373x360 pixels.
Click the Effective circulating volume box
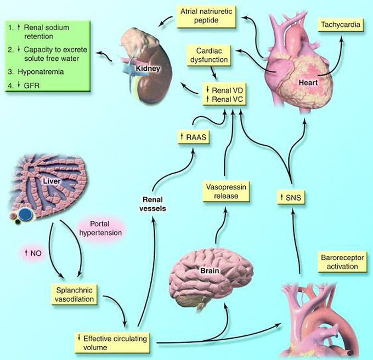(112, 341)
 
